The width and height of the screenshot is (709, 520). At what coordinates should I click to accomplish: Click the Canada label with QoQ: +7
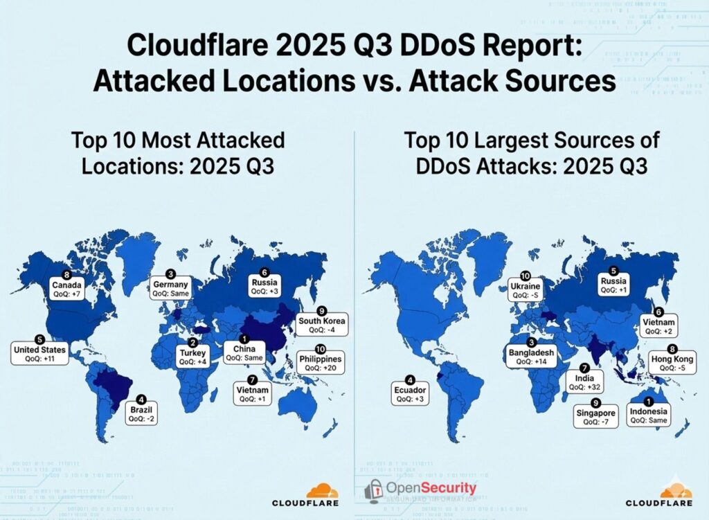67,289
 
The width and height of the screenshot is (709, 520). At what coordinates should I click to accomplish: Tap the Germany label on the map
170,289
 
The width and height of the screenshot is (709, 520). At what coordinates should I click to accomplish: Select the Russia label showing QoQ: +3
264,287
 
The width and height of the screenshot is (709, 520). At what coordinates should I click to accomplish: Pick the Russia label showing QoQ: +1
613,285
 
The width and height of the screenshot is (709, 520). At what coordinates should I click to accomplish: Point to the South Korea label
321,325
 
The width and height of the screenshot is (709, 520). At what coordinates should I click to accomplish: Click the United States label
39,354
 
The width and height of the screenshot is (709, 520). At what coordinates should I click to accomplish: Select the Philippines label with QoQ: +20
320,363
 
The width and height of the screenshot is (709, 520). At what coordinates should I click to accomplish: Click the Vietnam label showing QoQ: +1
252,394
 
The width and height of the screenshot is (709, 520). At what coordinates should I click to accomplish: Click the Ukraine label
526,290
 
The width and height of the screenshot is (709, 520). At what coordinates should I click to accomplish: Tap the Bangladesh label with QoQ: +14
532,357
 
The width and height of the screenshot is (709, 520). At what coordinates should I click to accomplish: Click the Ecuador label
410,394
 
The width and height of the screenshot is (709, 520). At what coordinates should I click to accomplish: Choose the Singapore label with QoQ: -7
595,417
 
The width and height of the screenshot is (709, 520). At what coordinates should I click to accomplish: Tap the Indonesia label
649,415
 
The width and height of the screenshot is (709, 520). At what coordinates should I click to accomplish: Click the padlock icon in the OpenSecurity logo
373,490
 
